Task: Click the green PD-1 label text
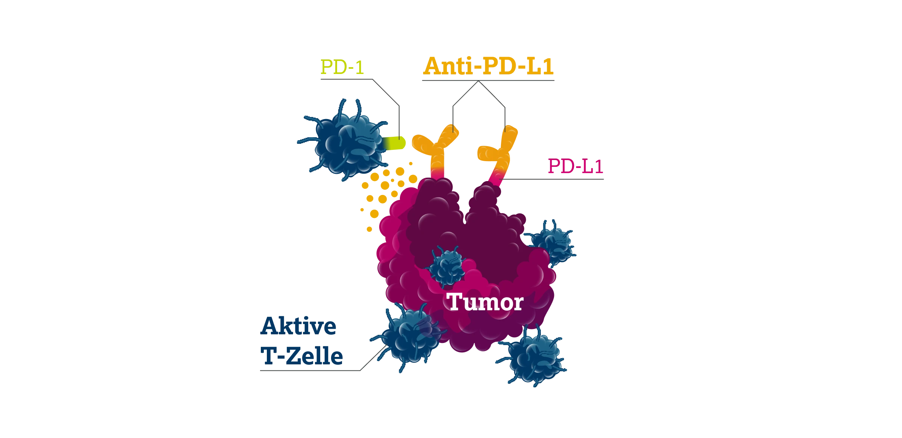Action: (342, 67)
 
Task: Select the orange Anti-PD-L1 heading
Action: (488, 66)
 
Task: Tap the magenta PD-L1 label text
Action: (575, 166)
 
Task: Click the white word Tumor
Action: (485, 302)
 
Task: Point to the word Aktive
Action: (298, 326)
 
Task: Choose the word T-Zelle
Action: (302, 356)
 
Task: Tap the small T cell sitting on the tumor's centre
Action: (447, 266)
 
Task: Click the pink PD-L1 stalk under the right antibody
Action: (496, 178)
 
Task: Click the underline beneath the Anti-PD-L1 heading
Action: (488, 80)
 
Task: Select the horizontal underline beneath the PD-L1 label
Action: (553, 179)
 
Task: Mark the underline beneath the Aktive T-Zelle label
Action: (310, 371)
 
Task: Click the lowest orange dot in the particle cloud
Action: (369, 229)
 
